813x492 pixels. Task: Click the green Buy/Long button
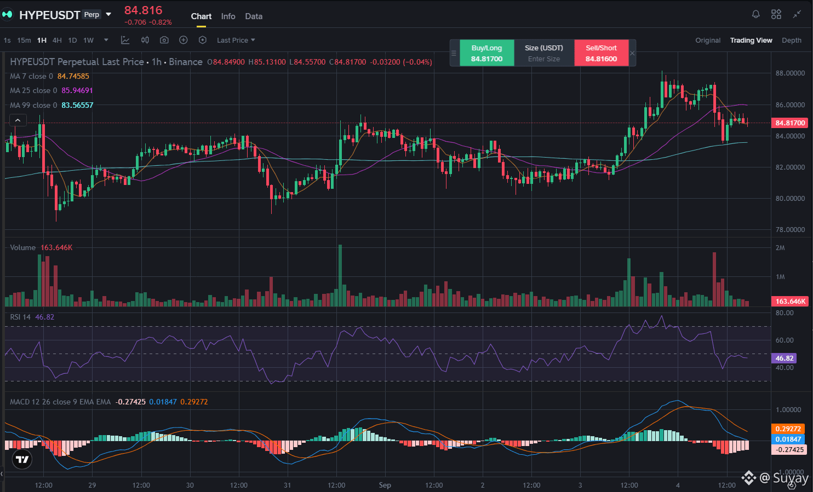click(486, 53)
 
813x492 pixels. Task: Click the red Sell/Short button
click(601, 53)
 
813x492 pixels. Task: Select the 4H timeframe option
click(57, 40)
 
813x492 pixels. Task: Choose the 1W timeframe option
click(89, 40)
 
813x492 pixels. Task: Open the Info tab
click(228, 16)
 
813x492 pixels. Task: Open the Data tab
click(254, 16)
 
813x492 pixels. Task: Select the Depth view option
click(791, 40)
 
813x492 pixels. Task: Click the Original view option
click(708, 40)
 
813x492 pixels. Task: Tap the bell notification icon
click(755, 14)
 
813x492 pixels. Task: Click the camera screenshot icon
click(164, 40)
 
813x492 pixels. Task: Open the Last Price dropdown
click(236, 40)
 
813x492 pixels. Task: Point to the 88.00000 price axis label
click(790, 73)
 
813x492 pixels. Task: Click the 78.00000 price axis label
click(790, 229)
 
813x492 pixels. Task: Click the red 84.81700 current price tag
click(790, 123)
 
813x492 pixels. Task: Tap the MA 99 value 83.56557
click(77, 105)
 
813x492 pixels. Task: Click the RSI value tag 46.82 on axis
click(784, 358)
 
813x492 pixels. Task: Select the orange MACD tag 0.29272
click(788, 429)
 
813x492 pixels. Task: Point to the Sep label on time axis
click(385, 485)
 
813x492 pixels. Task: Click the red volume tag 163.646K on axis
click(790, 302)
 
